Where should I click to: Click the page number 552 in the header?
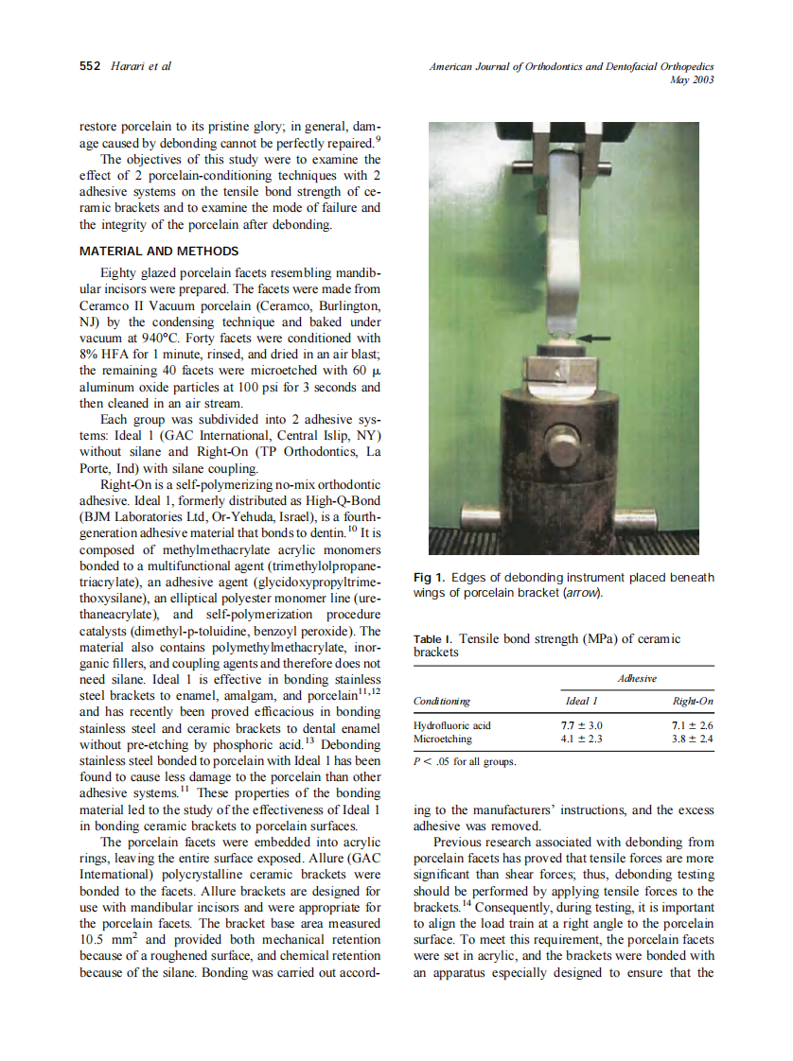91,66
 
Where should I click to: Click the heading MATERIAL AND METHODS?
158,252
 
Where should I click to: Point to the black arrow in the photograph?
593,337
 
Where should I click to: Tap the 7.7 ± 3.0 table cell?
582,725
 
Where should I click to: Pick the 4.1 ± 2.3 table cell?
582,739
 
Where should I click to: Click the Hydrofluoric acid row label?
452,725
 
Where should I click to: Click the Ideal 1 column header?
581,701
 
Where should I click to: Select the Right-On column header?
693,701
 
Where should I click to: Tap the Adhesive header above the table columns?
636,678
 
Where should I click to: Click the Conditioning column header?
442,701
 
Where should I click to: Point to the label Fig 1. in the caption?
430,578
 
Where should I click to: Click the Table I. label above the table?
432,640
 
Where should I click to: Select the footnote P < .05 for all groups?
466,761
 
